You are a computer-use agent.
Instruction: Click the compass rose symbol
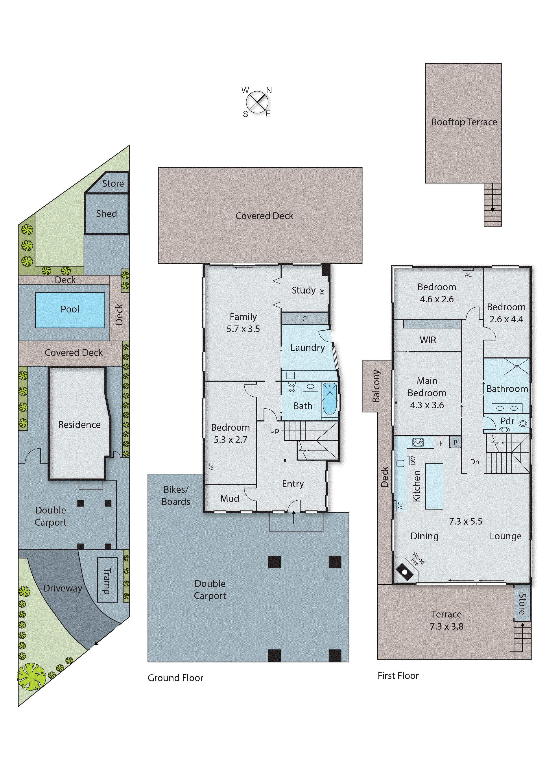[257, 102]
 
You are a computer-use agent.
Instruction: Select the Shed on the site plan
[106, 214]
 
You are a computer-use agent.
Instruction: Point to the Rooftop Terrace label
[464, 122]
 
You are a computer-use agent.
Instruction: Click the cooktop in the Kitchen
[418, 442]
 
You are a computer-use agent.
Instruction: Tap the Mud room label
[230, 499]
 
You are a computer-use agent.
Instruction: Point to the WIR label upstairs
[428, 340]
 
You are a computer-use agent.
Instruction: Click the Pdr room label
[507, 421]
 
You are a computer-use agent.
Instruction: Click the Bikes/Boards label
[176, 496]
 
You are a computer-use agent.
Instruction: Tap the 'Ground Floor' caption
[175, 678]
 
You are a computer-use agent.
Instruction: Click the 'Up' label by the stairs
[274, 431]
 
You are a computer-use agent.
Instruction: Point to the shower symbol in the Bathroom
[516, 366]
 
